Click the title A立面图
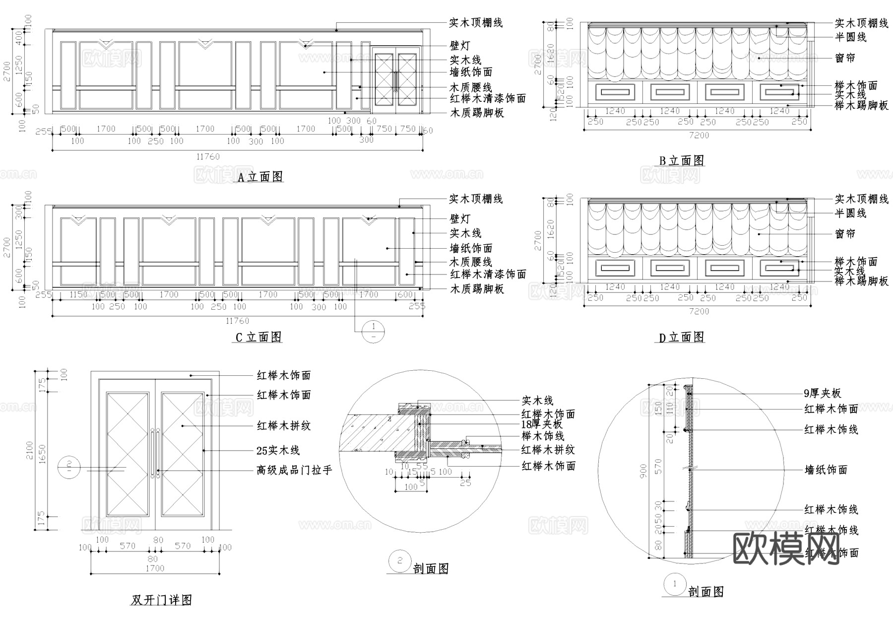click(x=260, y=177)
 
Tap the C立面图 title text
click(x=258, y=338)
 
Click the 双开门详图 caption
click(x=161, y=600)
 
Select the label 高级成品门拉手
click(x=294, y=470)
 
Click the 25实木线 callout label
click(x=278, y=451)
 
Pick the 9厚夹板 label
click(x=822, y=394)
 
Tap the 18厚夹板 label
click(x=542, y=424)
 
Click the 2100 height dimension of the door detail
click(x=30, y=450)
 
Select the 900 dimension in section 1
click(x=643, y=471)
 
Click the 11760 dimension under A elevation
click(x=208, y=157)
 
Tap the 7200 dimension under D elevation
click(x=699, y=311)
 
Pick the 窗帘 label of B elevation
click(x=845, y=58)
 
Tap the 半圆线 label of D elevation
click(x=850, y=213)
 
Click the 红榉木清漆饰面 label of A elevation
click(x=488, y=99)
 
